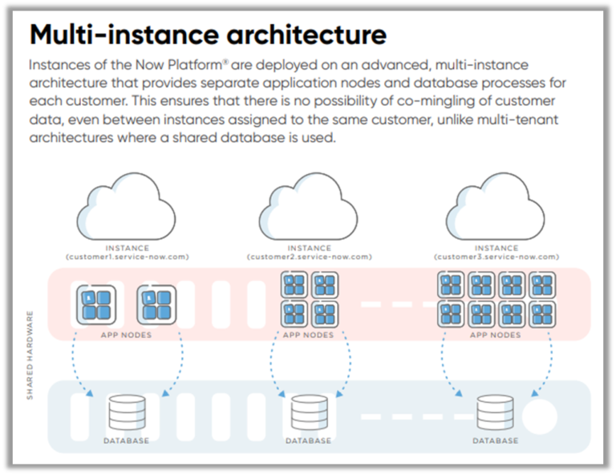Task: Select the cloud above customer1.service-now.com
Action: click(x=127, y=210)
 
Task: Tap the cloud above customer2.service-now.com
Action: click(x=309, y=210)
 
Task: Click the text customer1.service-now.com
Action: click(x=127, y=257)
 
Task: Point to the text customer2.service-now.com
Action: click(x=309, y=257)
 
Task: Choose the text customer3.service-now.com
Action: click(x=496, y=257)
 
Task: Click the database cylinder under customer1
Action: click(x=126, y=413)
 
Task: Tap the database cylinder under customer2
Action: click(x=309, y=413)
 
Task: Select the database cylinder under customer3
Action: click(x=494, y=413)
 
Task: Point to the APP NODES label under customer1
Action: click(x=126, y=335)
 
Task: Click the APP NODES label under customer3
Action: click(x=495, y=335)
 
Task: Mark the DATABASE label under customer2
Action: click(x=309, y=440)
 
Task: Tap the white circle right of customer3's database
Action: click(x=539, y=416)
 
